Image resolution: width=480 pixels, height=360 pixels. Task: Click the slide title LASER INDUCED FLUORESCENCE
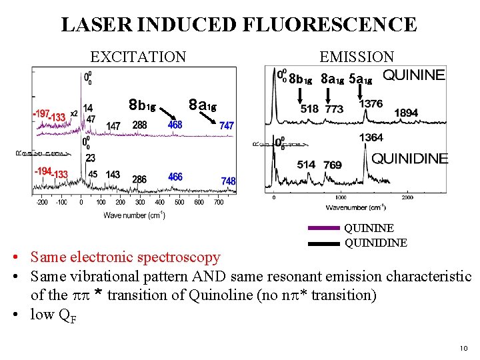pyautogui.click(x=239, y=25)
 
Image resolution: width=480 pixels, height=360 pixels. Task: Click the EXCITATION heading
pyautogui.click(x=138, y=57)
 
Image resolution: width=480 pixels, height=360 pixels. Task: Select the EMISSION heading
pyautogui.click(x=357, y=57)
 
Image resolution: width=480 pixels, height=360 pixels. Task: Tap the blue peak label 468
pyautogui.click(x=175, y=125)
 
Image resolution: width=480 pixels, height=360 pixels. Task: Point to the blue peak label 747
pyautogui.click(x=227, y=125)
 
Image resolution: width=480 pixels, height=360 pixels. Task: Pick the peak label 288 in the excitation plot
pyautogui.click(x=140, y=125)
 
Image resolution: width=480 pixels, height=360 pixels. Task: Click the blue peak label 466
pyautogui.click(x=175, y=177)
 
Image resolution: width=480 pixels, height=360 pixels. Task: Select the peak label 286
pyautogui.click(x=139, y=179)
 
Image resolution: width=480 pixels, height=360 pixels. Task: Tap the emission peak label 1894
pyautogui.click(x=406, y=113)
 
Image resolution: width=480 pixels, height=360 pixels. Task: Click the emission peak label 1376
pyautogui.click(x=371, y=103)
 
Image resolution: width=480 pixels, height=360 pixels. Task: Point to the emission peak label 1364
pyautogui.click(x=371, y=137)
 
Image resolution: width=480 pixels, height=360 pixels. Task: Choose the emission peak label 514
pyautogui.click(x=306, y=165)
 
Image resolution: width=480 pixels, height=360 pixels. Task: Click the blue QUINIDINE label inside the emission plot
pyautogui.click(x=409, y=158)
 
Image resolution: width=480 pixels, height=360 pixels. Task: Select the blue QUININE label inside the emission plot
pyautogui.click(x=413, y=75)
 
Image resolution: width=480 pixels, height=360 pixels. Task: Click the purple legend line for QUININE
pyautogui.click(x=324, y=228)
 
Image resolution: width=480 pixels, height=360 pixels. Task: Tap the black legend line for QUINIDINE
pyautogui.click(x=324, y=243)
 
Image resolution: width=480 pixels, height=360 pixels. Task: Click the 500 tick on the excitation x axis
pyautogui.click(x=179, y=203)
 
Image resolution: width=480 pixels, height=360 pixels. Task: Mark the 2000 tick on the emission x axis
pyautogui.click(x=407, y=197)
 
